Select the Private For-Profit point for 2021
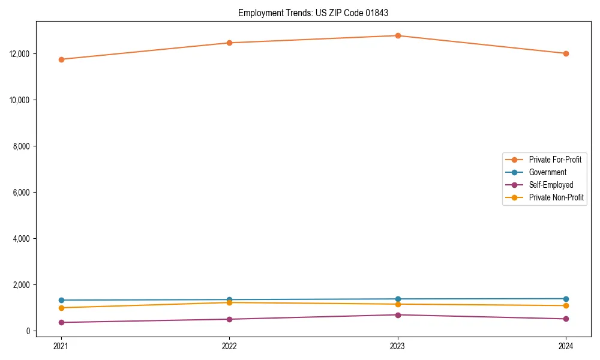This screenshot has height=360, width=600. [x=61, y=59]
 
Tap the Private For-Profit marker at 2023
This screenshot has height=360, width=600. [x=398, y=35]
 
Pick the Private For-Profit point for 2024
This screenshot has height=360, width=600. [x=566, y=53]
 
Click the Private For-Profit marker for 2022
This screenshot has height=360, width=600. [x=229, y=43]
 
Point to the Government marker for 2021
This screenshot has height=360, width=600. [x=61, y=300]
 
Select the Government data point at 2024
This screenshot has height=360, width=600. [x=566, y=299]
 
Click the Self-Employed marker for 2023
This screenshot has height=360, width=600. [x=398, y=315]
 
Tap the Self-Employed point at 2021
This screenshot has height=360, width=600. [x=61, y=322]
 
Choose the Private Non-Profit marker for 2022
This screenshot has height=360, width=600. [x=229, y=302]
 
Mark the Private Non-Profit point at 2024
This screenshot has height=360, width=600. [x=566, y=305]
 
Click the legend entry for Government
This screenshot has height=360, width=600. [x=547, y=172]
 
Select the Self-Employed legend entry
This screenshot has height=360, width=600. [x=551, y=185]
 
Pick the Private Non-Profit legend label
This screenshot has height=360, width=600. [x=556, y=197]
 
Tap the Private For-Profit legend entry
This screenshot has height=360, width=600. [x=555, y=160]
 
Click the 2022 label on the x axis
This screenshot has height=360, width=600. [x=229, y=346]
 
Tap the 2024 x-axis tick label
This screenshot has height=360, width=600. [x=566, y=346]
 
